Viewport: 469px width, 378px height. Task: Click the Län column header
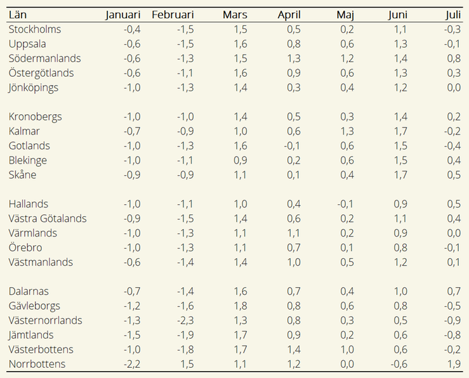(x=18, y=15)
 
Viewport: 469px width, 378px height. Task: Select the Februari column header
(x=173, y=15)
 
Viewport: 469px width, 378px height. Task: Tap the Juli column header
(x=453, y=15)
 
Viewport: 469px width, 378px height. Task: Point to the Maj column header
(x=345, y=15)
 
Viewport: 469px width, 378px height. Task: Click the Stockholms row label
(x=35, y=29)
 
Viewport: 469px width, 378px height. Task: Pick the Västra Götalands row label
(x=48, y=218)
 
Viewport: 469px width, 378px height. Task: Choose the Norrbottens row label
(x=37, y=364)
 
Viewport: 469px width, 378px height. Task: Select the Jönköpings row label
(x=33, y=88)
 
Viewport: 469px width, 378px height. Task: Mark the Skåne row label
(x=22, y=174)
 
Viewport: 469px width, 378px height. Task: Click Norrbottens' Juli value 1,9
(x=454, y=364)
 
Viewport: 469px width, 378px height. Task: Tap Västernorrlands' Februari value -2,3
(x=185, y=321)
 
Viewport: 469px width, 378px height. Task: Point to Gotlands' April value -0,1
(x=292, y=146)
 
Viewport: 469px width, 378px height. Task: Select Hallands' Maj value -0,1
(x=345, y=204)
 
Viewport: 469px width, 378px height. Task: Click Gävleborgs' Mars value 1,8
(x=241, y=306)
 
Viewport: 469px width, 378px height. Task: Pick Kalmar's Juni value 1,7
(x=400, y=131)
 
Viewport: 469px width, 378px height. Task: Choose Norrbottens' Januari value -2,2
(x=132, y=364)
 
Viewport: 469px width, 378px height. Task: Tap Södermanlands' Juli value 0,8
(x=454, y=58)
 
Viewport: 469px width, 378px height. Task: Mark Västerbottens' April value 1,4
(x=294, y=349)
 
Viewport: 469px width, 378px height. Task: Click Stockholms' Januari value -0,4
(x=132, y=30)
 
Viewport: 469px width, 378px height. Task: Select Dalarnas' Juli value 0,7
(x=454, y=291)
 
